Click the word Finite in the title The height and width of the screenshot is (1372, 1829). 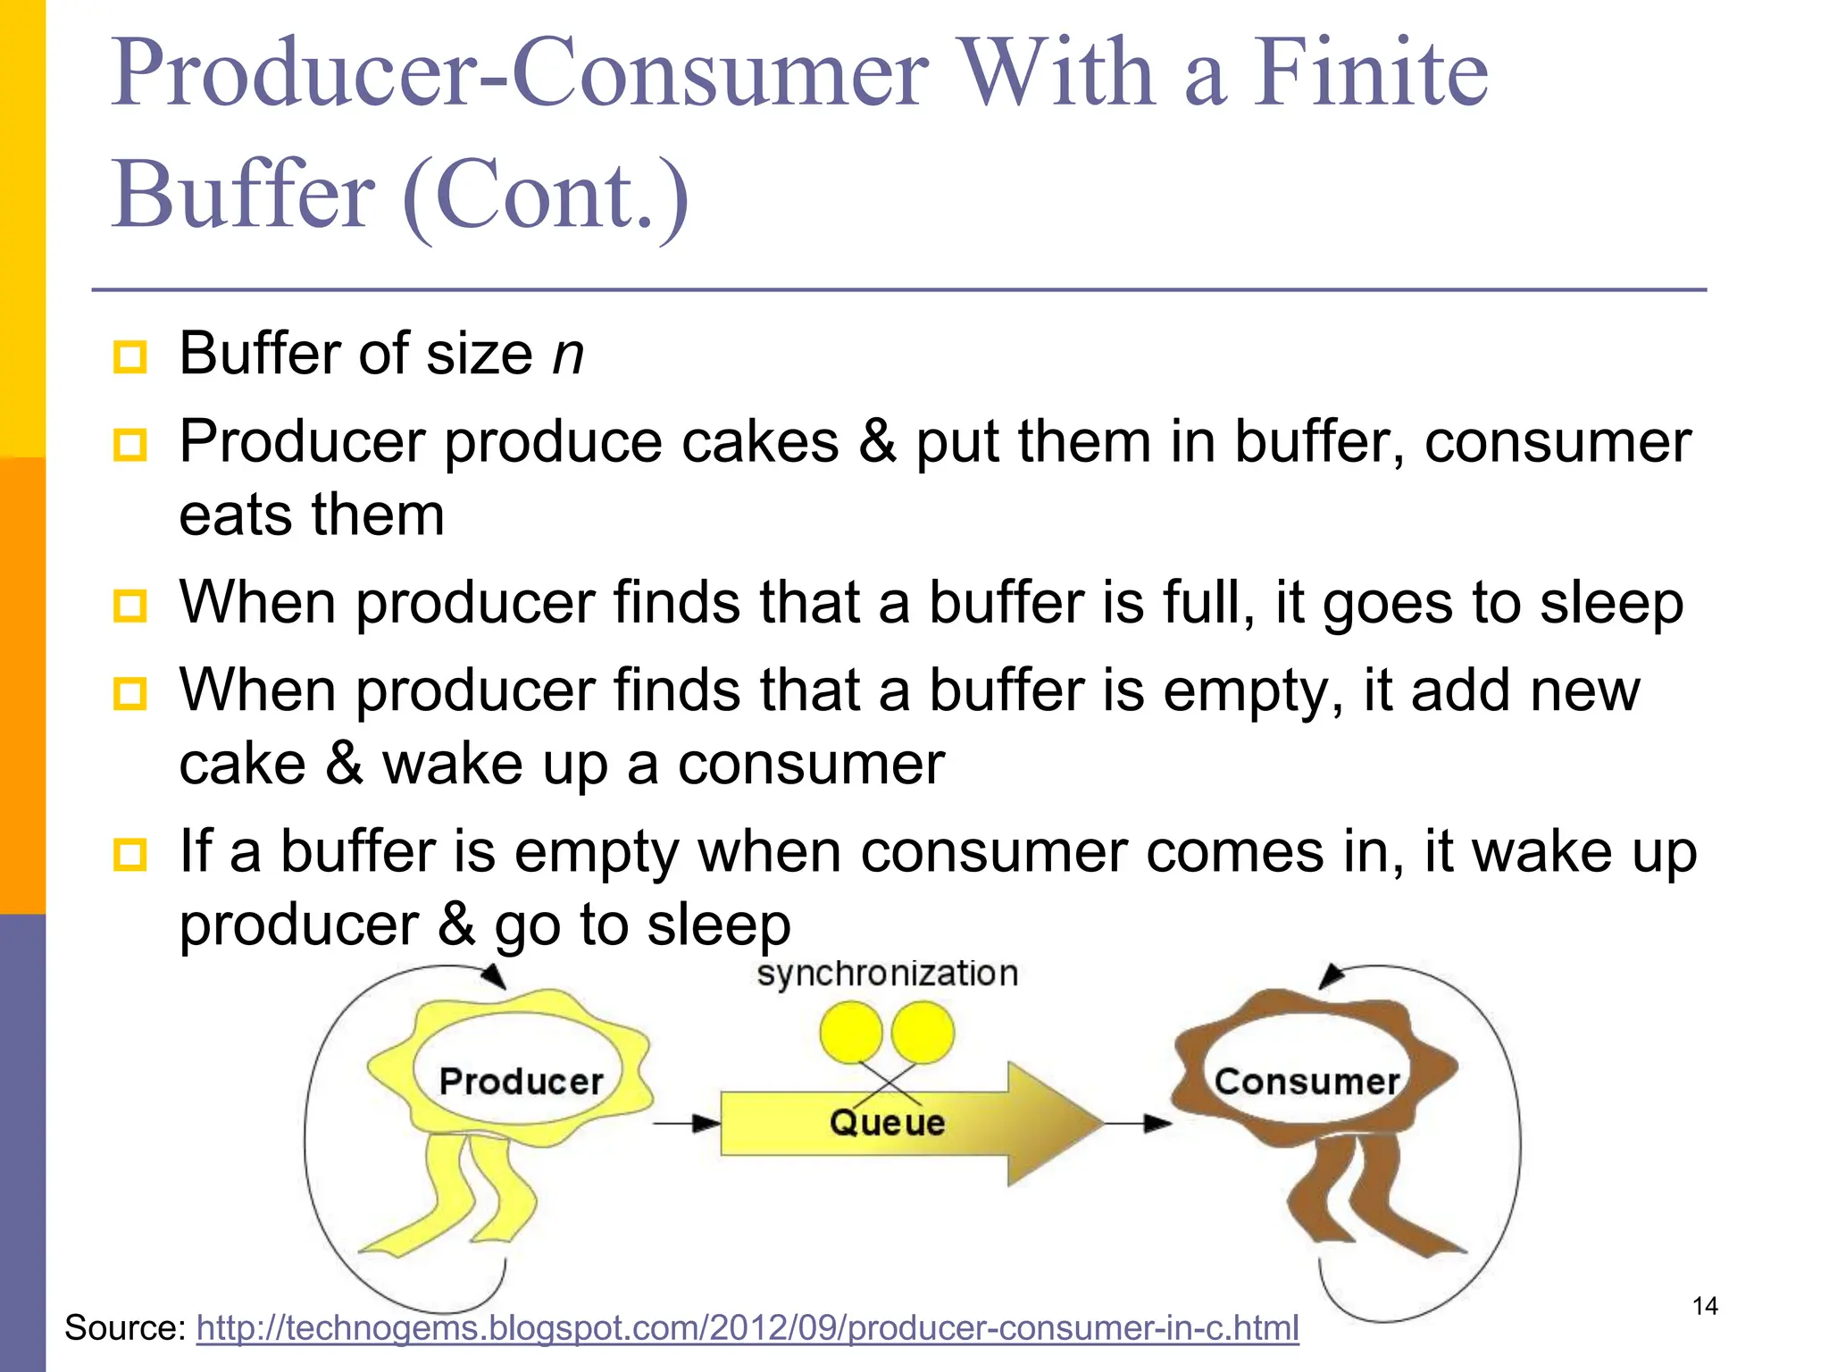(1370, 73)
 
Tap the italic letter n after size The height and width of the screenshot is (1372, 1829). (568, 355)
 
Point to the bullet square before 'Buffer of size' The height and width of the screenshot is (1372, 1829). (130, 357)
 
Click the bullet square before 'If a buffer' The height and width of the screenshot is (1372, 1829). (130, 855)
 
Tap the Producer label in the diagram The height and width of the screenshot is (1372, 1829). (522, 1082)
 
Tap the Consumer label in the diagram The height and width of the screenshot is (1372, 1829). (1307, 1082)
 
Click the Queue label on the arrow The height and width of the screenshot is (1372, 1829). (887, 1123)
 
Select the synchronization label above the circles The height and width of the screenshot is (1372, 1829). (887, 974)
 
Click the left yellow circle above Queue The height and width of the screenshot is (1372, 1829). (851, 1033)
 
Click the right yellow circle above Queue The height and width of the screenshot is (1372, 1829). (923, 1033)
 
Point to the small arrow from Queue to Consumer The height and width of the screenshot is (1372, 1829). (1138, 1123)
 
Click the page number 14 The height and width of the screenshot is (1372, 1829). (1705, 1307)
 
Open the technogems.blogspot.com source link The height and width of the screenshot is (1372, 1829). (747, 1328)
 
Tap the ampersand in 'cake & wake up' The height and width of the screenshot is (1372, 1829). (344, 764)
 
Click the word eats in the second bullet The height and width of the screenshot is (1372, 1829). (235, 515)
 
